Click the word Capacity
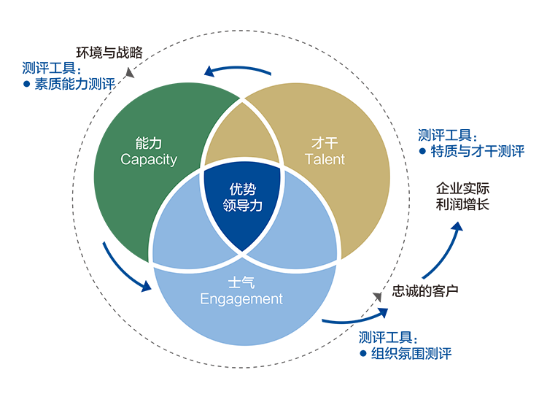click(x=149, y=159)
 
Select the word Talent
click(x=325, y=159)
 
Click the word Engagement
click(x=241, y=298)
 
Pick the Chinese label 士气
click(x=241, y=282)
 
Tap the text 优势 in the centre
click(x=241, y=188)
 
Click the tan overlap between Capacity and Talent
click(x=241, y=139)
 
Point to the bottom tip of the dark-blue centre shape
click(x=241, y=251)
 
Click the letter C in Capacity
click(x=125, y=159)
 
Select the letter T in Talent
click(x=309, y=159)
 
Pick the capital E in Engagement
click(x=204, y=298)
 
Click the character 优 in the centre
click(x=234, y=188)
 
